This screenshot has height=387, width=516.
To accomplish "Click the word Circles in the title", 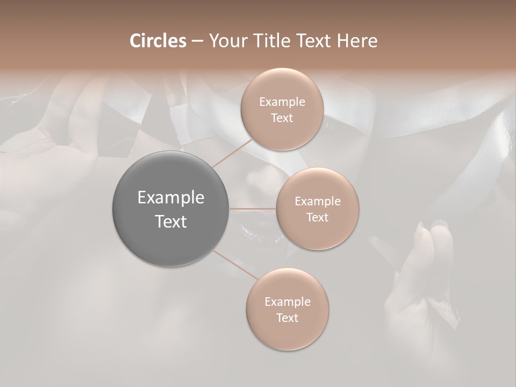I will (157, 41).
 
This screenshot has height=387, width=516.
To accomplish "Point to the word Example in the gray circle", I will (171, 198).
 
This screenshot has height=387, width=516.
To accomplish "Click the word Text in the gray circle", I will (171, 221).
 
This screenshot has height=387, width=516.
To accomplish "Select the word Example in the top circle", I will (282, 102).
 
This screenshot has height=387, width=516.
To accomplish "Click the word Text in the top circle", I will (282, 118).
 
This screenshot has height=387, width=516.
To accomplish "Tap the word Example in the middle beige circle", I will (318, 202).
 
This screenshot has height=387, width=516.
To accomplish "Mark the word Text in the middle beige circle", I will (318, 217).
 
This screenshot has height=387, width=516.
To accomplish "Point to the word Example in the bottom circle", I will (288, 302).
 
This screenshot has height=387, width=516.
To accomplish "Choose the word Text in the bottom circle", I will (288, 318).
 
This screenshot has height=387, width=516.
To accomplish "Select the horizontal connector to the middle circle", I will (253, 209).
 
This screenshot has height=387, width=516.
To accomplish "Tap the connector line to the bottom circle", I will (235, 264).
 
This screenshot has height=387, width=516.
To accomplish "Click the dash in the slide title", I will (197, 41).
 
